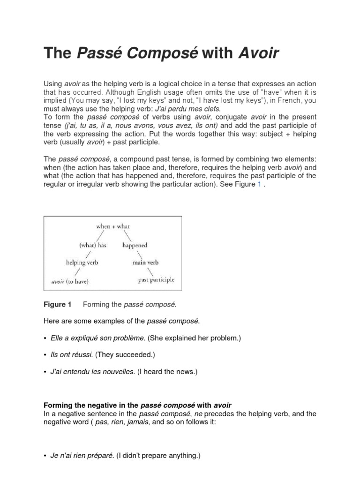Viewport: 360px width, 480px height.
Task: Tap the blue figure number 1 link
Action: tap(259, 184)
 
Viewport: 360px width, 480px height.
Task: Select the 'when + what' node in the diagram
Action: tap(112, 226)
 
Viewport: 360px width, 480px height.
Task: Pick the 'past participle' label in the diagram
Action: tap(156, 280)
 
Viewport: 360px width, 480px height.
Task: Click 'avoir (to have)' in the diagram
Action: tap(70, 282)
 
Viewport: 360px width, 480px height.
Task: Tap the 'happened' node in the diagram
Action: tap(135, 245)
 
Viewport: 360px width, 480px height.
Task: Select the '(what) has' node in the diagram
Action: tap(93, 245)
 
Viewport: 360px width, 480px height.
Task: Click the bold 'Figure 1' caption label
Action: tap(57, 305)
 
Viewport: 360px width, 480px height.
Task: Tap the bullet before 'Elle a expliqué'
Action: tap(45, 338)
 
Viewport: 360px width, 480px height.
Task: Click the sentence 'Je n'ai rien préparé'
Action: tap(82, 455)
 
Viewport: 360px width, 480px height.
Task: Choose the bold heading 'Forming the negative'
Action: tap(91, 405)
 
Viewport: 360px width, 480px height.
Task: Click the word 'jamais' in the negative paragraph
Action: tap(139, 422)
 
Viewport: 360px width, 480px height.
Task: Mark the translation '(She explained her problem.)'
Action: tap(194, 338)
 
